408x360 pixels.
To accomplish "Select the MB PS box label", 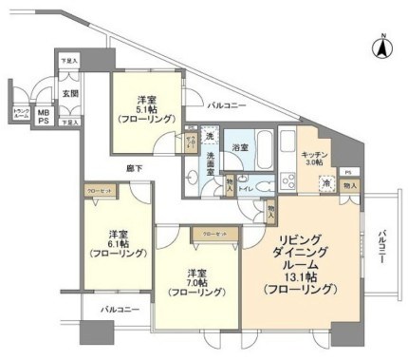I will click(44, 116).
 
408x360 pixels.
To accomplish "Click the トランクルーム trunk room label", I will click(20, 114).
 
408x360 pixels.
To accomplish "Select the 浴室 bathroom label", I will click(240, 148).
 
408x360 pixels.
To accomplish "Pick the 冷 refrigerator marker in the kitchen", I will click(325, 182).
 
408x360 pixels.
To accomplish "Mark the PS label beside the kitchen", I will click(347, 172).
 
